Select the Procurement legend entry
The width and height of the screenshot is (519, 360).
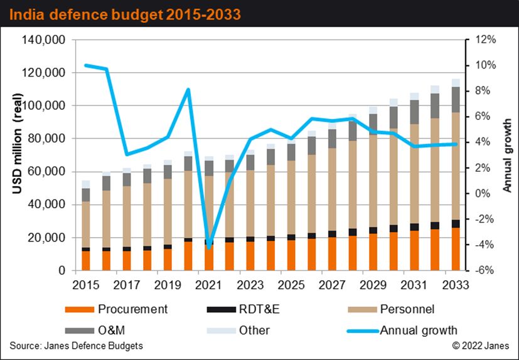click(x=132, y=309)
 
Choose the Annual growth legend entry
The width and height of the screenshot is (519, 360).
click(x=419, y=330)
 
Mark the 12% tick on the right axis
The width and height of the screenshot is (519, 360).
click(x=486, y=40)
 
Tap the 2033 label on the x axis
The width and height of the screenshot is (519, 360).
click(x=456, y=283)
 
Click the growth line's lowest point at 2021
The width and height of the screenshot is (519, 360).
click(x=209, y=248)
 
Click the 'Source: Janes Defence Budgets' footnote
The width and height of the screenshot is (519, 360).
click(x=76, y=346)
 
